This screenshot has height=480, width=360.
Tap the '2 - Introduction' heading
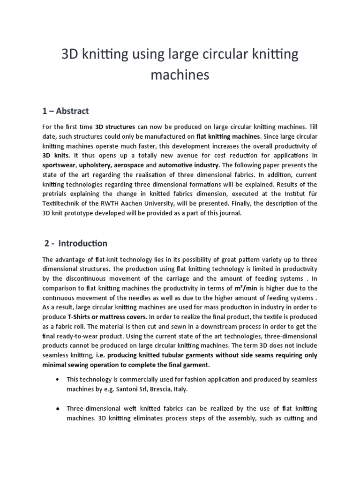(x=76, y=243)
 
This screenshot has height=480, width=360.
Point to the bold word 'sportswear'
(x=59, y=165)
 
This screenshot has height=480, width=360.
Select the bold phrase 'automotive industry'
(x=187, y=165)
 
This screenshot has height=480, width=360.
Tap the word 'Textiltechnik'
(x=63, y=203)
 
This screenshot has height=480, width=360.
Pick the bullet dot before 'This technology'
(x=57, y=379)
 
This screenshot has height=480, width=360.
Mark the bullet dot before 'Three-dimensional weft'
(x=57, y=408)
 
